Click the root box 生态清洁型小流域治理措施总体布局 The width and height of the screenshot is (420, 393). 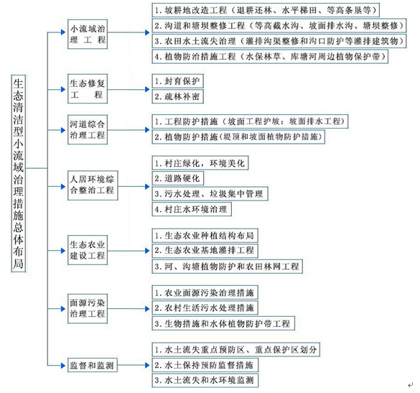click(x=19, y=173)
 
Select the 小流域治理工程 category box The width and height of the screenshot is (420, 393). click(x=88, y=34)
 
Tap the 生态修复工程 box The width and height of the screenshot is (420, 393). click(x=88, y=89)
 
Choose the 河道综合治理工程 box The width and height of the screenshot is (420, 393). click(x=88, y=130)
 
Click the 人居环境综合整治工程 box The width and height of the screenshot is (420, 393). click(x=93, y=185)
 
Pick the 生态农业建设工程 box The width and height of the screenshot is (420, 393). click(x=88, y=250)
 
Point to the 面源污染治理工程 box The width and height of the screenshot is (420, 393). click(x=88, y=308)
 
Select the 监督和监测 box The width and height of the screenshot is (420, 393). click(x=93, y=365)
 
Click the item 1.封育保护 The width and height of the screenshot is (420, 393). click(x=177, y=81)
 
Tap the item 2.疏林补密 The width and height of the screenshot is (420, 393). click(x=177, y=96)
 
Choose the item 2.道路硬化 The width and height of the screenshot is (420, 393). click(x=178, y=178)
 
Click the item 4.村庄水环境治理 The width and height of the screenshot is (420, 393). click(x=192, y=209)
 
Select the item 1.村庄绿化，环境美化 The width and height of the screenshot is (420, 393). click(x=200, y=162)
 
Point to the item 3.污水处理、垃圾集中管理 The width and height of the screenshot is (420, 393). click(x=210, y=193)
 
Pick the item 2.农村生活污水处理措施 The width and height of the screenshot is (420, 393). click(x=205, y=308)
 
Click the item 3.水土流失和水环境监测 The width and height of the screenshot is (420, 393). click(x=205, y=380)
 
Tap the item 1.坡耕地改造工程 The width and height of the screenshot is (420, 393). click(x=266, y=10)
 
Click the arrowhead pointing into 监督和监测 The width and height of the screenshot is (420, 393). click(x=63, y=365)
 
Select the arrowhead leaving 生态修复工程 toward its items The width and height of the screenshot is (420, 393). click(x=147, y=89)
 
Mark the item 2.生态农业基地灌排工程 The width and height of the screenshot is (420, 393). click(x=205, y=250)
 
